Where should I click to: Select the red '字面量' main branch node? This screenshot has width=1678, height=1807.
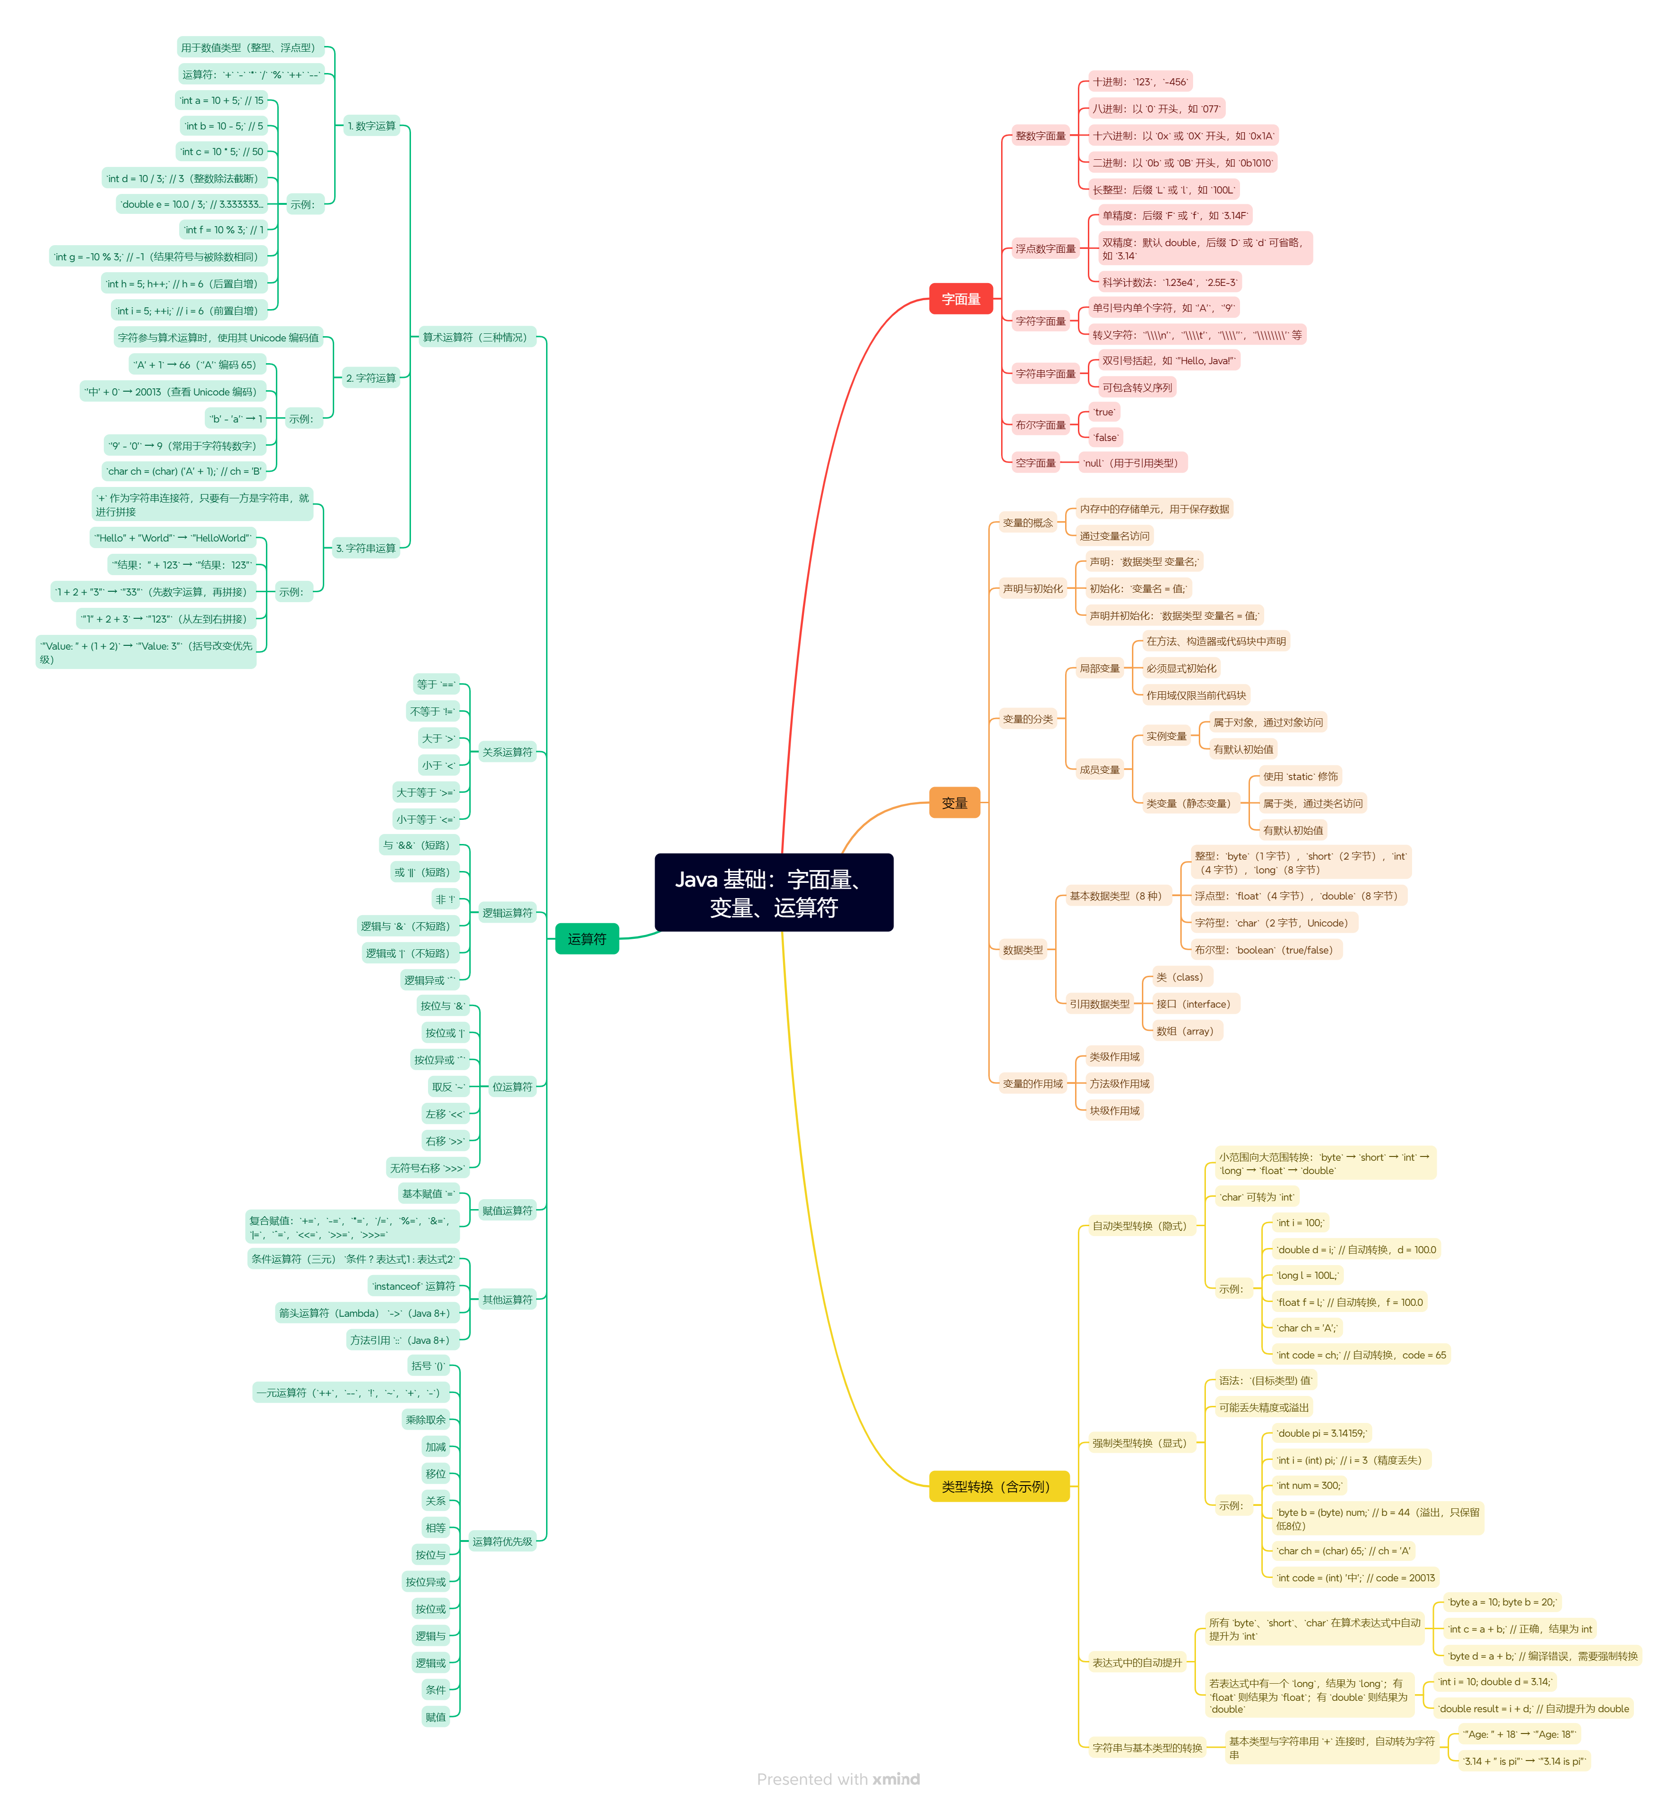[961, 299]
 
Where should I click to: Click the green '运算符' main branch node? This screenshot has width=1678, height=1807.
[586, 939]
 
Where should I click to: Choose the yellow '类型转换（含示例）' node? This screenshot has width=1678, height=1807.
[998, 1486]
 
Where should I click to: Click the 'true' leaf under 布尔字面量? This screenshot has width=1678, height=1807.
[1104, 412]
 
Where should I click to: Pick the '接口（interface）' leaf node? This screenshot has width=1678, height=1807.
[1193, 1004]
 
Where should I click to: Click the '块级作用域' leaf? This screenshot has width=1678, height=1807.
[1114, 1110]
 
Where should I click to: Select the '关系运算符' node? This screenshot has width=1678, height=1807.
[507, 752]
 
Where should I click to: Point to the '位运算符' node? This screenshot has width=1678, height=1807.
[512, 1087]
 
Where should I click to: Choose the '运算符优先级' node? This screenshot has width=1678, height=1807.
[502, 1541]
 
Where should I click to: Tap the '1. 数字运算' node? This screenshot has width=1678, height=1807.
[371, 126]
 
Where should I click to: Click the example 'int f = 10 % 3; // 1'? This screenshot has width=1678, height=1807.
[223, 230]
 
